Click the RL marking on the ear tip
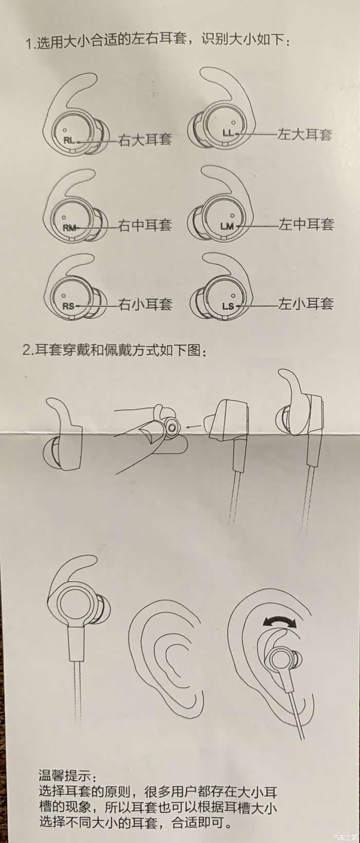pos(69,141)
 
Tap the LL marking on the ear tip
pos(228,133)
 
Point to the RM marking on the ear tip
pos(69,228)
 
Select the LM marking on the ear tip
pos(227,226)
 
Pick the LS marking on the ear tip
pos(228,306)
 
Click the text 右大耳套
pos(145,139)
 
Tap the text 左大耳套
pos(304,134)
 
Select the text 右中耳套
pos(145,225)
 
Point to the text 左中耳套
pos(306,224)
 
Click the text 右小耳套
pos(146,304)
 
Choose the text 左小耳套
pos(306,303)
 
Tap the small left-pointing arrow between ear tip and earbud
pos(194,426)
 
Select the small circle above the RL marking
pos(65,130)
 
